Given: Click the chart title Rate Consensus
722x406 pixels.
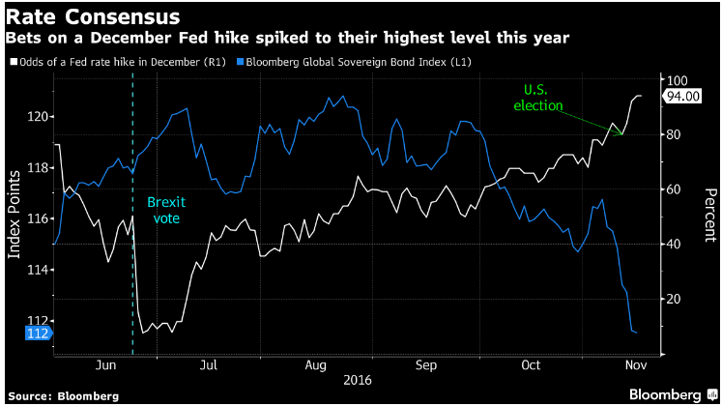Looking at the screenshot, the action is coord(93,17).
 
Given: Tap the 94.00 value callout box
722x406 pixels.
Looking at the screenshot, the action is coord(682,97).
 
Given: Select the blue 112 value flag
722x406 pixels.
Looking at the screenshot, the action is coord(39,333).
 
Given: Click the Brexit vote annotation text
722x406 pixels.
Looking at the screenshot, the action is coord(166,210).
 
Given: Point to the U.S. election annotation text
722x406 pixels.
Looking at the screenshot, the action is coord(537,98).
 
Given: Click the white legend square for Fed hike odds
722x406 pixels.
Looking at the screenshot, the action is coord(14,62).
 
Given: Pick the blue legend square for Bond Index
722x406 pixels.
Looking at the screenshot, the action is coord(240,62).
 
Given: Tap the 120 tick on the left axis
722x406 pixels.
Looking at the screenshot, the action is coord(38,116).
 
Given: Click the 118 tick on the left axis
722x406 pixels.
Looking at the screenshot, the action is coord(38,167).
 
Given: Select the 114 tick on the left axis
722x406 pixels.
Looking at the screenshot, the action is coord(38,270).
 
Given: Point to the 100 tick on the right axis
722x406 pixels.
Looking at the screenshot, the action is coord(677,80).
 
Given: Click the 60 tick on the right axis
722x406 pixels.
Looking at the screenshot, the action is coord(674,189).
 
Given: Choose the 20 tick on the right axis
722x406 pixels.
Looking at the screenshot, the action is coord(674,299).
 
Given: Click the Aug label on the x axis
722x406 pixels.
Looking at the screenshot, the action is coord(315,365).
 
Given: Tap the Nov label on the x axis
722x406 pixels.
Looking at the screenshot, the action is coord(636,365).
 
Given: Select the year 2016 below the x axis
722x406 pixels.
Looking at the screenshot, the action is coord(358,380).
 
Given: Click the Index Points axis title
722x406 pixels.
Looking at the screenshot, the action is coord(14,215).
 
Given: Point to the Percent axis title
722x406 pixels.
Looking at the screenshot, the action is coord(710,215).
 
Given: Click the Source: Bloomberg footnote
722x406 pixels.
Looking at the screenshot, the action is coord(63,396).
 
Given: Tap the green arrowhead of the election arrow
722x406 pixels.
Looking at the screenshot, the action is coord(621,133).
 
